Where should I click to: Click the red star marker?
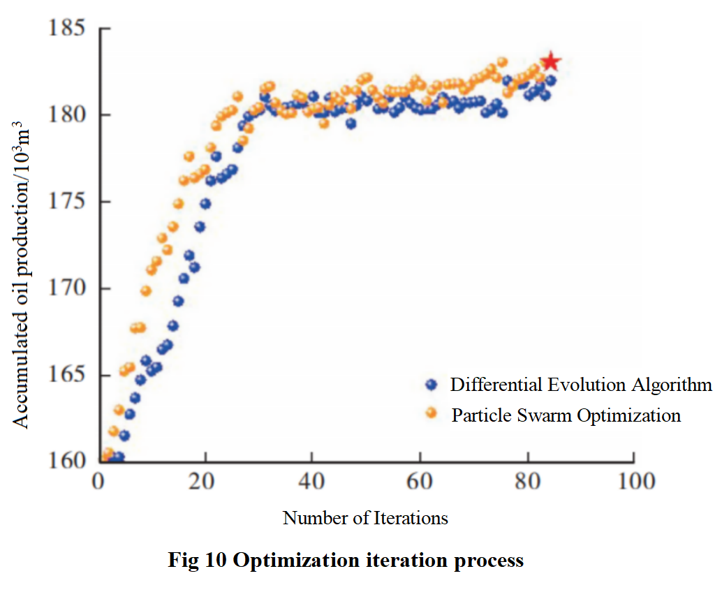point(550,61)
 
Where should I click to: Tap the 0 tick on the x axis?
point(98,482)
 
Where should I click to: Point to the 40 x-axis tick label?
point(312,482)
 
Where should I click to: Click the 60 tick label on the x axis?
point(420,482)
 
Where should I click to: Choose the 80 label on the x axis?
point(526,482)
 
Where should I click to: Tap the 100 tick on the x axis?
point(633,482)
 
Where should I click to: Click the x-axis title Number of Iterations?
point(365,518)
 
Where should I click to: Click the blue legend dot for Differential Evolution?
point(431,385)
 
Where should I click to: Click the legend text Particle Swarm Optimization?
point(566,415)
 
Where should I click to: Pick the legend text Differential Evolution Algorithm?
point(581,385)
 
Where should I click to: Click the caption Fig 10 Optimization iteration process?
point(346,561)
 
